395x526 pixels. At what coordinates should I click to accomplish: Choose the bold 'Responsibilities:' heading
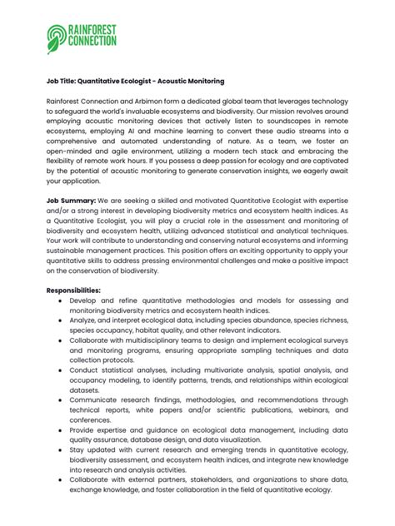pyautogui.click(x=73, y=290)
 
